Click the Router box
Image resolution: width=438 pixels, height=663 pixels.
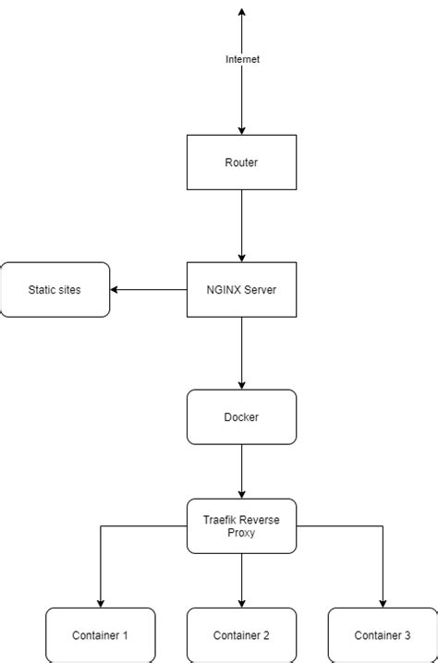(x=242, y=163)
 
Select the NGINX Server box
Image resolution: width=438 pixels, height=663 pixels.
(x=242, y=290)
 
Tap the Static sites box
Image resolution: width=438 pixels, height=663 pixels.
(x=55, y=290)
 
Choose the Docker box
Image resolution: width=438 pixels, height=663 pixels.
(x=242, y=417)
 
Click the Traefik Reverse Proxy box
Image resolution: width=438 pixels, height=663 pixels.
(x=242, y=526)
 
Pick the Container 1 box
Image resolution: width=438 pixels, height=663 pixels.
(x=100, y=635)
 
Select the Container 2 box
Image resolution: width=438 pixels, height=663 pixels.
(x=242, y=635)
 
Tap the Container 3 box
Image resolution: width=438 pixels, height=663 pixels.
(x=383, y=635)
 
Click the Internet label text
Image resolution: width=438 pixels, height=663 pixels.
(x=243, y=59)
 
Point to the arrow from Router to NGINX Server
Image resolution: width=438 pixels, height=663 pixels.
(x=242, y=226)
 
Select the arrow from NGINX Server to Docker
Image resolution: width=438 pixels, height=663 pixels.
(x=242, y=354)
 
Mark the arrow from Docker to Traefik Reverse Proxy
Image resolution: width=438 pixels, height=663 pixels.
(x=242, y=472)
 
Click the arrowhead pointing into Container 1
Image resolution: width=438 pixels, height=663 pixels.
(x=100, y=602)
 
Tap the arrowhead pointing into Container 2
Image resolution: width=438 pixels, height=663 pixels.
(x=242, y=602)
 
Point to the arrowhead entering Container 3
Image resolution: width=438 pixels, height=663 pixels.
(x=383, y=602)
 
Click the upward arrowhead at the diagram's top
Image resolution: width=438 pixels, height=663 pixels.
(x=242, y=13)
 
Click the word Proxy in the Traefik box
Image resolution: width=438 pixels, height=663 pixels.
(x=242, y=534)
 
